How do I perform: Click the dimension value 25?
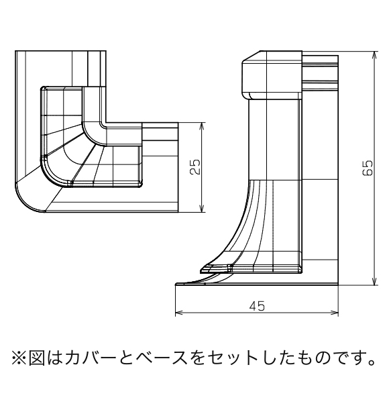click(195, 167)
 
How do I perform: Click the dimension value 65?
click(368, 168)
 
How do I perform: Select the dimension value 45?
click(257, 306)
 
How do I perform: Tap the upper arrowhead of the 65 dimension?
click(374, 54)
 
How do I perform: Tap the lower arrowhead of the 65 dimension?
click(374, 282)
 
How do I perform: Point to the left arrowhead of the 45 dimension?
click(179, 313)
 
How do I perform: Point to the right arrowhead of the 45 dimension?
click(335, 313)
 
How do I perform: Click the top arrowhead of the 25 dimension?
click(202, 126)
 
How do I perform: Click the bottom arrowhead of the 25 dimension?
click(202, 209)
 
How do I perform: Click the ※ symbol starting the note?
click(19, 358)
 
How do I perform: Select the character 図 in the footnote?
click(37, 358)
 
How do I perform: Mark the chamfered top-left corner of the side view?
click(251, 56)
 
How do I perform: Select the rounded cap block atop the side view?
click(272, 75)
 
